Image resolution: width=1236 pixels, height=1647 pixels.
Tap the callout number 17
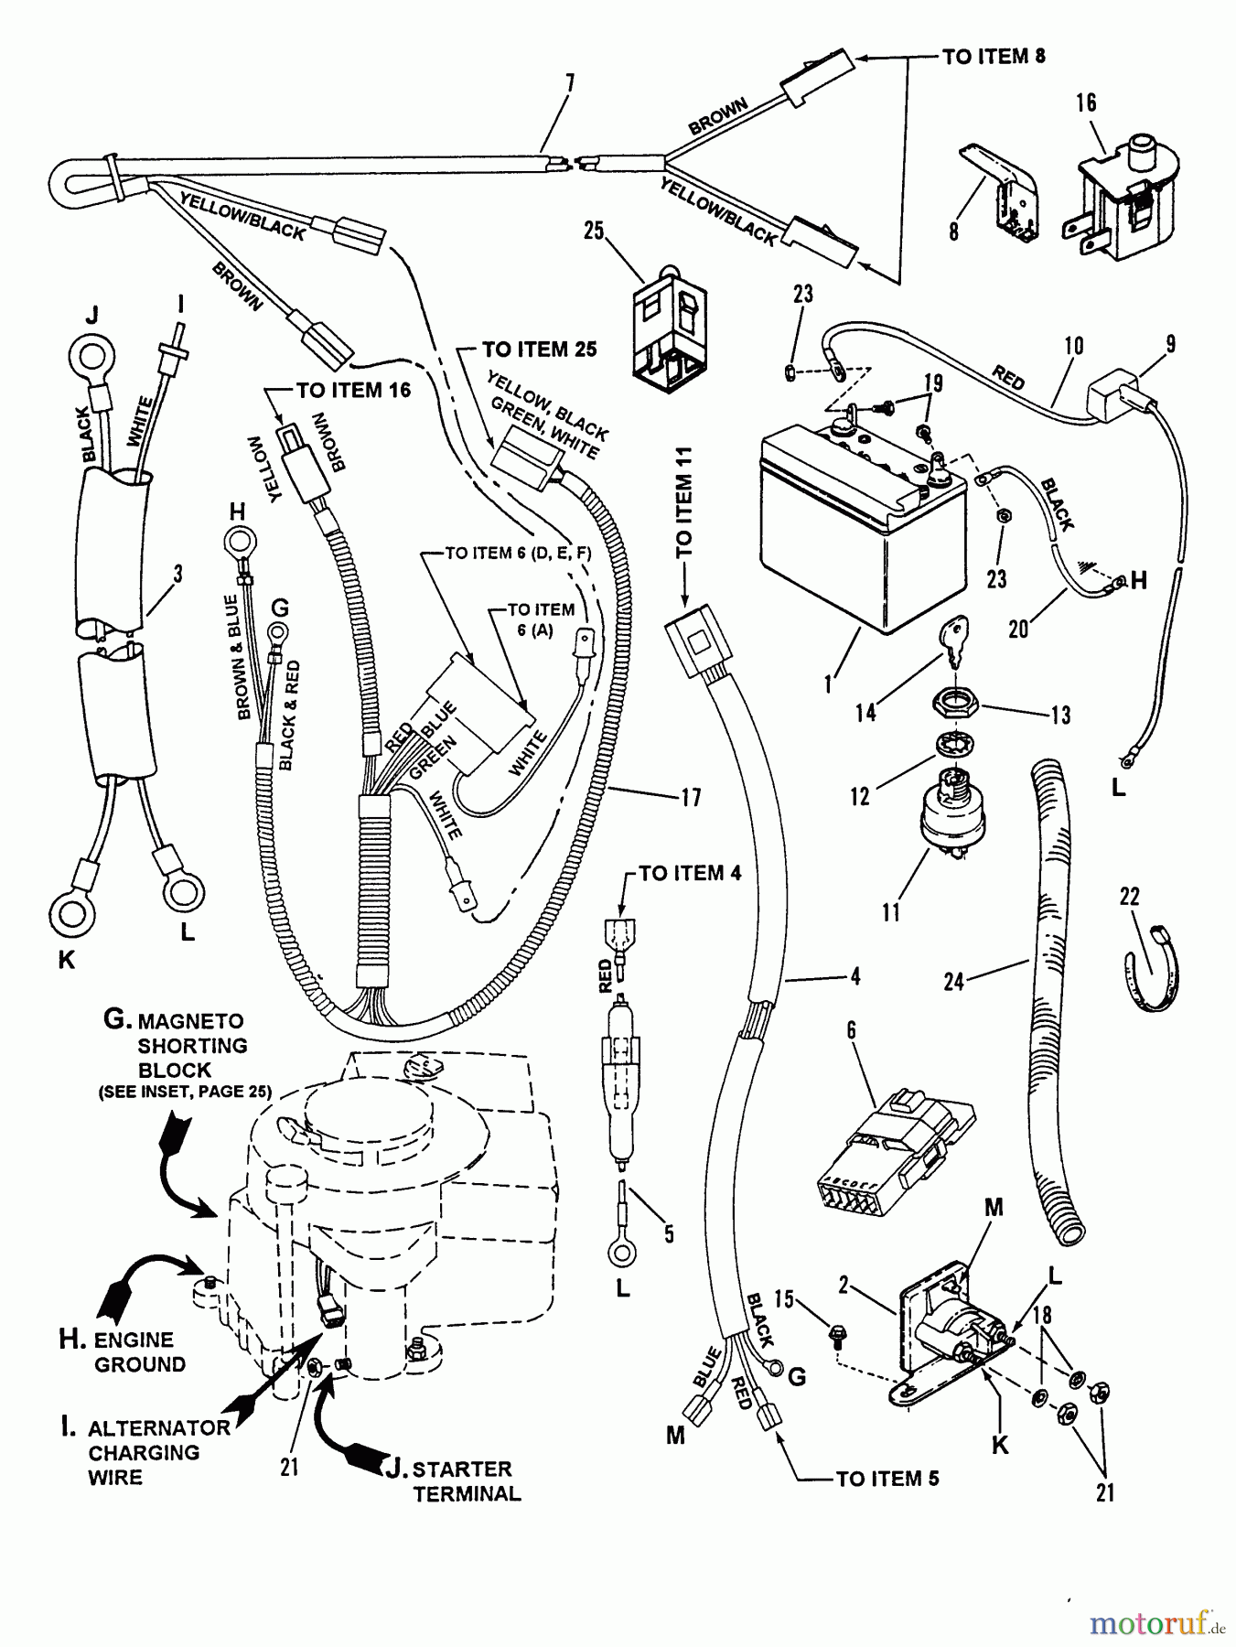(x=691, y=798)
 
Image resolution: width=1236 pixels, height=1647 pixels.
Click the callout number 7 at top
(x=569, y=83)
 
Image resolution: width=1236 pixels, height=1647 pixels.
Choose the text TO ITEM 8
(x=994, y=57)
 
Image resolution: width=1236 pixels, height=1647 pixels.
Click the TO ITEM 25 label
(x=540, y=350)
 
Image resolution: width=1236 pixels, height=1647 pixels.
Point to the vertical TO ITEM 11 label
(x=684, y=502)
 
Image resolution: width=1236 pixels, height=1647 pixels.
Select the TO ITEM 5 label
(x=887, y=1479)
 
